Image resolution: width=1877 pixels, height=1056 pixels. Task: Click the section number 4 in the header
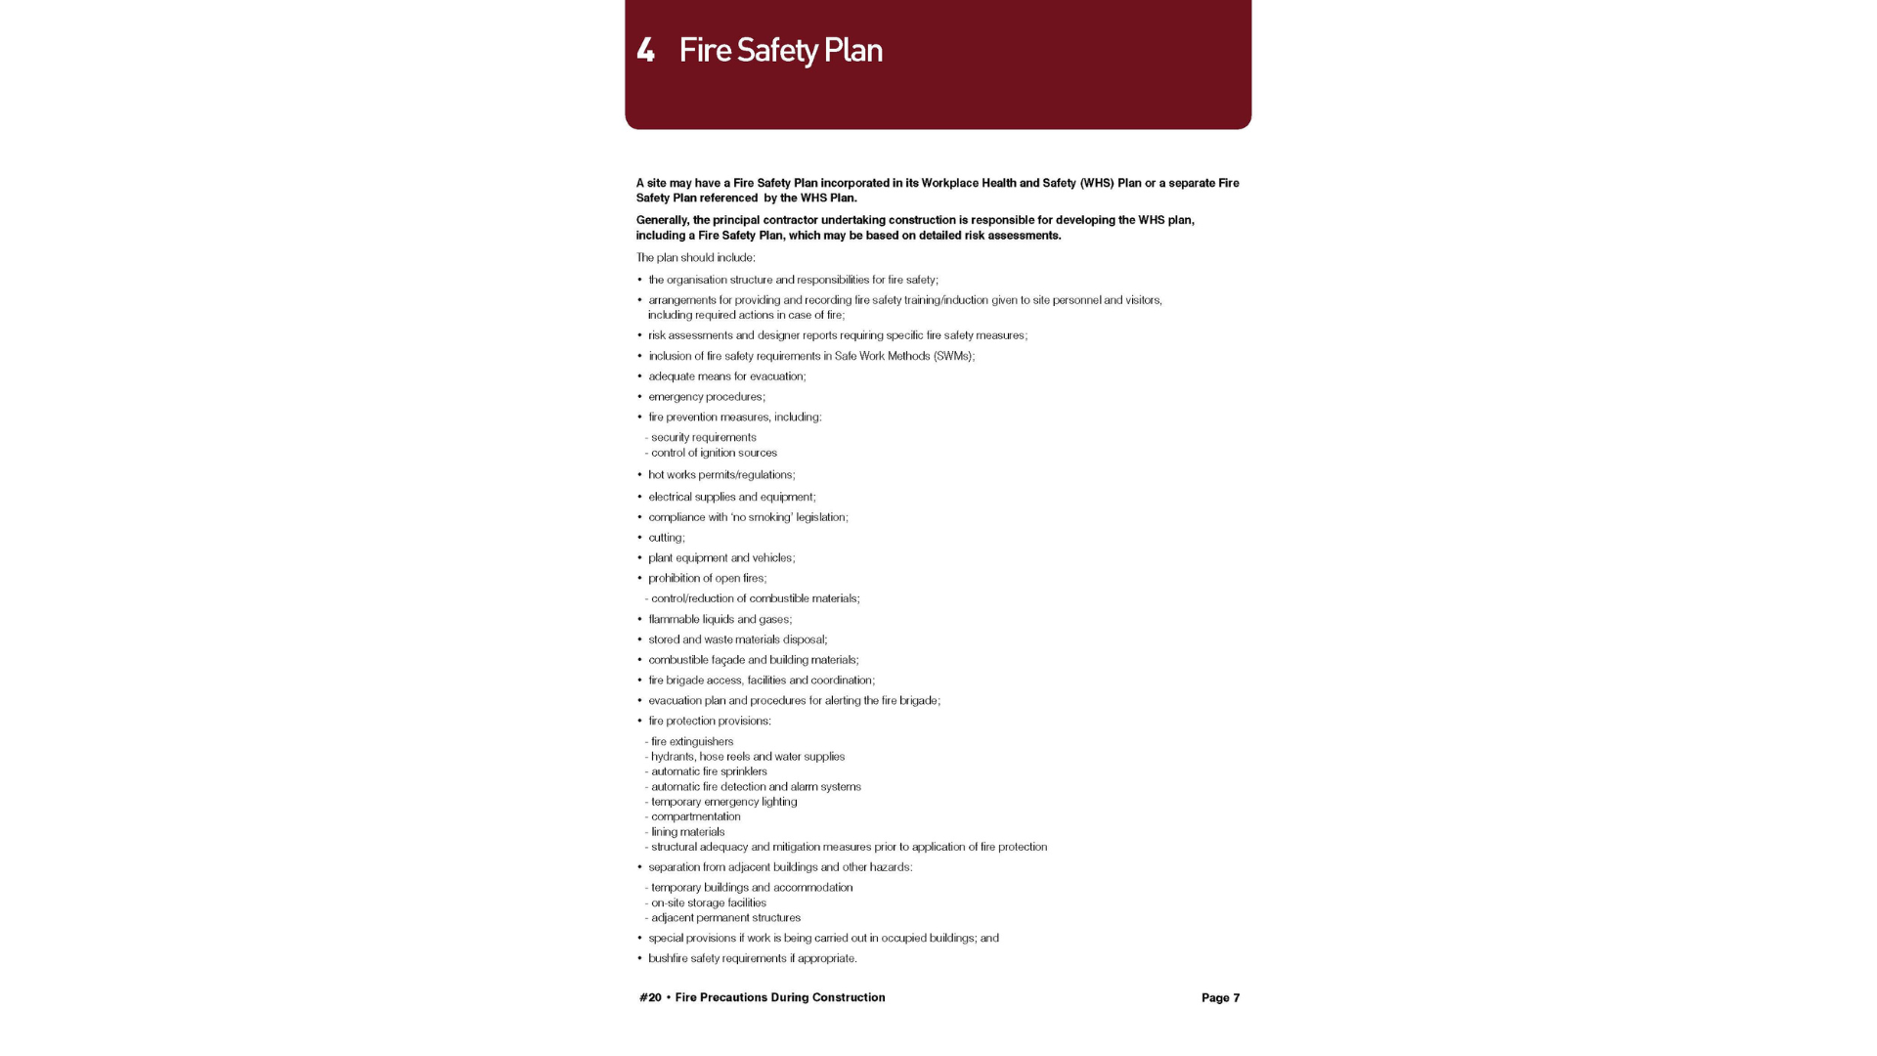point(645,50)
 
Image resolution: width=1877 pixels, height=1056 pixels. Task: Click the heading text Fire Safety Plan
point(780,50)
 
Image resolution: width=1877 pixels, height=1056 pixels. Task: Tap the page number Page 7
point(1220,997)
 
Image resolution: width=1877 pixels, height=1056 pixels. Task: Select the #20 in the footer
point(650,997)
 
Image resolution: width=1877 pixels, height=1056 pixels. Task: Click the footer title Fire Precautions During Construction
point(779,997)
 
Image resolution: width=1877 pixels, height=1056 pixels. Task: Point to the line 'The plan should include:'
point(695,258)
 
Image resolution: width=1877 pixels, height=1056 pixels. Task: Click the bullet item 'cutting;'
point(667,538)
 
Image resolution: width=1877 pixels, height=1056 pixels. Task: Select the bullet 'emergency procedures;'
point(707,397)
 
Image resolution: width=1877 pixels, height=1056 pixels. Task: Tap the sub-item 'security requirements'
point(704,437)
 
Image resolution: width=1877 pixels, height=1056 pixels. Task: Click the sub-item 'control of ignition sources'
point(714,453)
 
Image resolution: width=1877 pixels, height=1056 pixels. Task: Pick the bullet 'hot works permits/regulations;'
point(721,475)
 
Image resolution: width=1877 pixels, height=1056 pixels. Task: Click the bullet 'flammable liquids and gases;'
point(720,619)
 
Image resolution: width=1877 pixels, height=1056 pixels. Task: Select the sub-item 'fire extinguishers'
point(692,741)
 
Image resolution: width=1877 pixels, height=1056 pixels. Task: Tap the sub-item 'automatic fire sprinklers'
point(709,771)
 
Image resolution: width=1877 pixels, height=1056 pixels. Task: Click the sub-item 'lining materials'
point(688,832)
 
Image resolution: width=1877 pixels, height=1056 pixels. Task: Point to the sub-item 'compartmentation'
point(696,816)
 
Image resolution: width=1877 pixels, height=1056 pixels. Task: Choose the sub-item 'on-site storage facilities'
point(709,902)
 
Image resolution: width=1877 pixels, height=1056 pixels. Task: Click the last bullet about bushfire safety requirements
point(752,958)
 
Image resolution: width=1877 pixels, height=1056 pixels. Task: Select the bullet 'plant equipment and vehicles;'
point(721,558)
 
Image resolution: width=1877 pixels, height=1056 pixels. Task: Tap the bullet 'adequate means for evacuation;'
point(726,376)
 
